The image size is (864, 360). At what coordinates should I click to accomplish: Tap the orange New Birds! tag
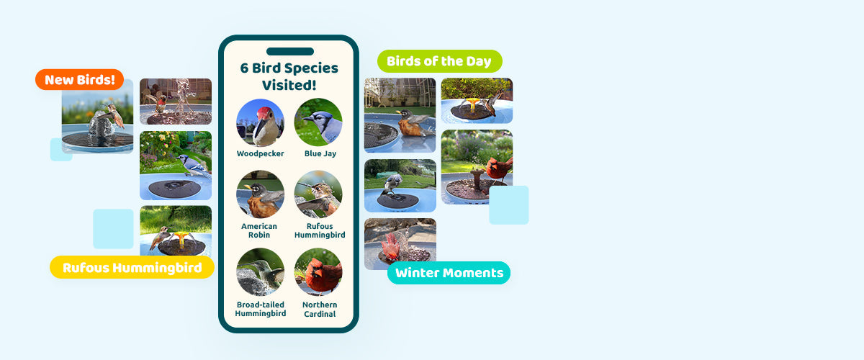click(x=79, y=79)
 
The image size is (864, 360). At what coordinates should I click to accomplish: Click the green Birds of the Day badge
click(x=440, y=61)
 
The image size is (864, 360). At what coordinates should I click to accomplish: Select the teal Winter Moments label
click(x=449, y=273)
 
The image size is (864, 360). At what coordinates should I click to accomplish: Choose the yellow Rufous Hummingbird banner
click(x=132, y=267)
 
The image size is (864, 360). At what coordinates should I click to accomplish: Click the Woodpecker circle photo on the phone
click(x=261, y=122)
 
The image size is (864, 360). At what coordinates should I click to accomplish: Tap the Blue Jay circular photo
click(x=318, y=122)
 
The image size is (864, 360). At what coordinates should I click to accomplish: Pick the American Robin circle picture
click(x=261, y=194)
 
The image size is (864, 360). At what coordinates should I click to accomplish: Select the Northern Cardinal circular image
click(x=318, y=271)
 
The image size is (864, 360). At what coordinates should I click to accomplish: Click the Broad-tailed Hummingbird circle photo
click(x=261, y=271)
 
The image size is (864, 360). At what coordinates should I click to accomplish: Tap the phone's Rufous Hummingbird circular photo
click(x=318, y=194)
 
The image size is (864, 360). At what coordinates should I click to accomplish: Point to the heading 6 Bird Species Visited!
click(x=289, y=76)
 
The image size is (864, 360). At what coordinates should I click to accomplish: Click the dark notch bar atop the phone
click(x=290, y=51)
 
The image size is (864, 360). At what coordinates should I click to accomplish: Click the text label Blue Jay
click(x=320, y=153)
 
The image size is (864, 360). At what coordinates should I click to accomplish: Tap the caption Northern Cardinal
click(x=320, y=309)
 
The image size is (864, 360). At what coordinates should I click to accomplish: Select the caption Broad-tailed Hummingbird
click(x=261, y=309)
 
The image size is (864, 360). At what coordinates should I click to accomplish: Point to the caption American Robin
click(x=259, y=230)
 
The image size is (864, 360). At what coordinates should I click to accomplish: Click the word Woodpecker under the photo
click(x=261, y=153)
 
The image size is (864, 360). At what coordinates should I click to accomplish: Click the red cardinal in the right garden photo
click(x=499, y=168)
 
